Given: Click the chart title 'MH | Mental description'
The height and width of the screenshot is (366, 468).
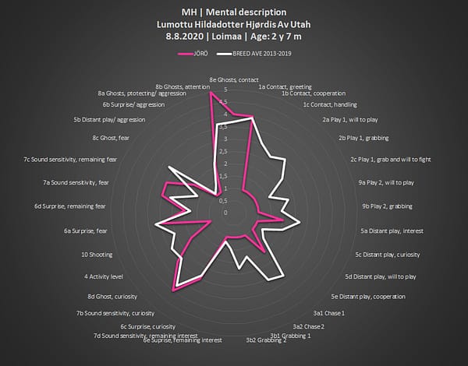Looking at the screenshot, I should pyautogui.click(x=233, y=12).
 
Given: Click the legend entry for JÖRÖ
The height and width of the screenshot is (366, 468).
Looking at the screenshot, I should pyautogui.click(x=201, y=54).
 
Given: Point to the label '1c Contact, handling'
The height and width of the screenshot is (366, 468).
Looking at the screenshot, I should pyautogui.click(x=328, y=104).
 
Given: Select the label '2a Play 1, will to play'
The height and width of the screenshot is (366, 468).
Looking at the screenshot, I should pyautogui.click(x=350, y=120).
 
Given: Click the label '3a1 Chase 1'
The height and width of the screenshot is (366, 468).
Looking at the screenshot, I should pyautogui.click(x=329, y=313).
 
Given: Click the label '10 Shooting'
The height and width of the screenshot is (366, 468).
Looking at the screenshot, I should pyautogui.click(x=94, y=255).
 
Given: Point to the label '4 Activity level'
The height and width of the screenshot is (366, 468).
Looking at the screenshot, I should pyautogui.click(x=103, y=276).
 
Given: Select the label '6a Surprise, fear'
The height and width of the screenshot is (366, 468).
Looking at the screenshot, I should pyautogui.click(x=85, y=231).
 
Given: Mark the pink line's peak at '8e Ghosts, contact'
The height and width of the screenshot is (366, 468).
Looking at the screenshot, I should pyautogui.click(x=211, y=93).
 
